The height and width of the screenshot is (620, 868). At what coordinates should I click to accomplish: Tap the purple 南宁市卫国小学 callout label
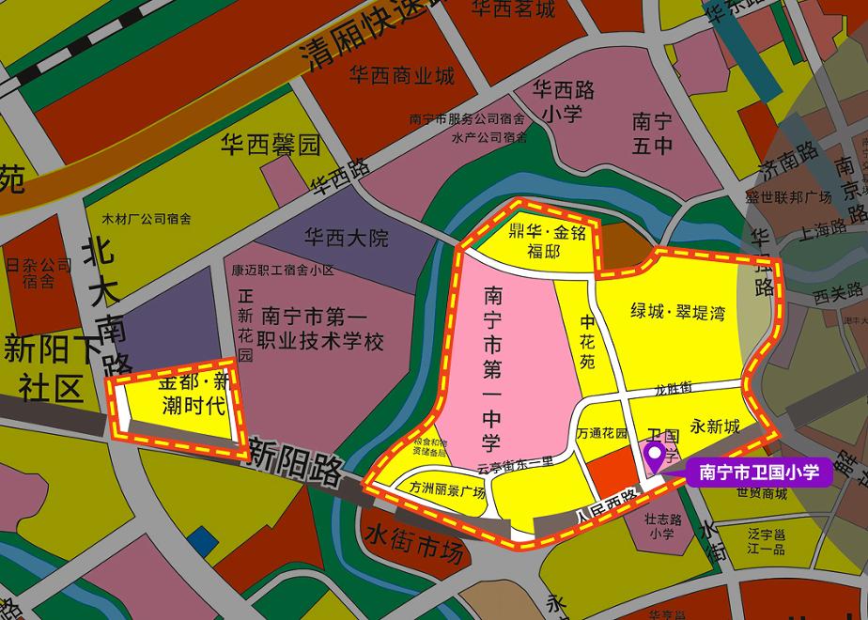[x=759, y=472]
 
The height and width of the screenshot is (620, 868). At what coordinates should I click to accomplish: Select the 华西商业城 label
[x=401, y=75]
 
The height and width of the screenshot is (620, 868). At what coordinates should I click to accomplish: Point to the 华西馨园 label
[x=271, y=145]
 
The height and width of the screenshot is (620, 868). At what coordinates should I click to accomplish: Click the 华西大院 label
[x=347, y=238]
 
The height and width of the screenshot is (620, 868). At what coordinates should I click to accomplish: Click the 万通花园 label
[x=602, y=434]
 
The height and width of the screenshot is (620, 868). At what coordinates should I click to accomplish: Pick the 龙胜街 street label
[x=673, y=387]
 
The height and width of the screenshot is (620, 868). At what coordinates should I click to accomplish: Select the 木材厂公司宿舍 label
[x=147, y=219]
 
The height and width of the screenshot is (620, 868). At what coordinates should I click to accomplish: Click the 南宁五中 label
[x=652, y=132]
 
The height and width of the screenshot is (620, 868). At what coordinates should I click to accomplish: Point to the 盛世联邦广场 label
[x=789, y=197]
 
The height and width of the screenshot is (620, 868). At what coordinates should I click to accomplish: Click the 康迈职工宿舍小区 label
[x=284, y=271]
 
